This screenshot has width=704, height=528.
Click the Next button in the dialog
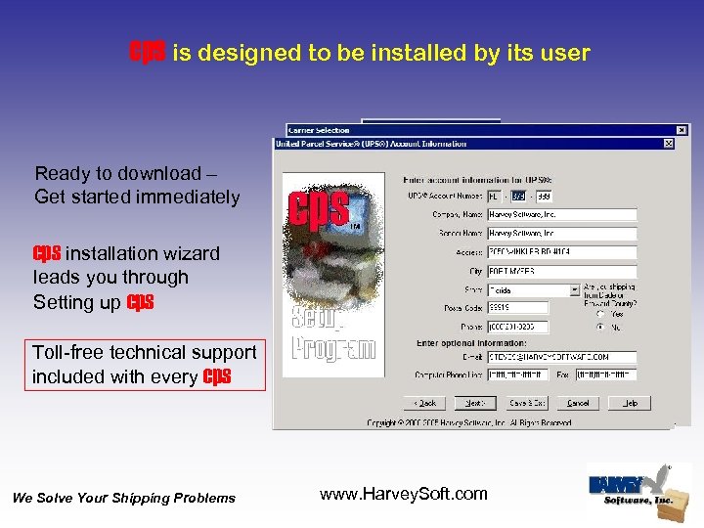474,403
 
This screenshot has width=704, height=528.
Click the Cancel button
579,403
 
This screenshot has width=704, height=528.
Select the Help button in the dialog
630,403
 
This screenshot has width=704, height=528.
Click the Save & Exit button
527,403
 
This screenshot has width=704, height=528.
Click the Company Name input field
561,214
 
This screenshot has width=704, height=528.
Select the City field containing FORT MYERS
561,271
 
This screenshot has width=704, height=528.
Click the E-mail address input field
561,357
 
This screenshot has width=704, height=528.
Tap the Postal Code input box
517,308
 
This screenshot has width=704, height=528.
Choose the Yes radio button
599,315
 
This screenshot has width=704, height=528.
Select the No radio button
599,328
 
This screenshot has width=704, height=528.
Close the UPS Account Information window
669,144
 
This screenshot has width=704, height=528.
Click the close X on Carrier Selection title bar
682,129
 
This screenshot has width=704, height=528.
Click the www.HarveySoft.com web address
403,494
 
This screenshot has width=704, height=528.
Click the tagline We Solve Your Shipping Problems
124,499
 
